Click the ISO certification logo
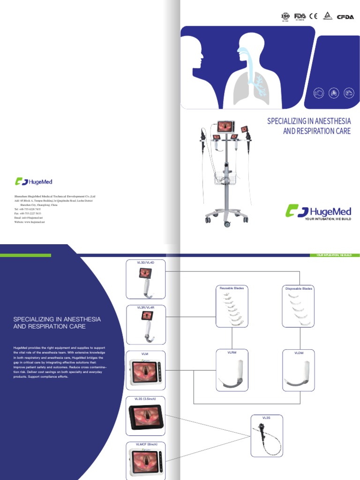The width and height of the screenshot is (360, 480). tap(285, 16)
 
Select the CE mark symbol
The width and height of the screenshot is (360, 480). tap(313, 16)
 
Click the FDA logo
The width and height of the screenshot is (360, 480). tap(300, 16)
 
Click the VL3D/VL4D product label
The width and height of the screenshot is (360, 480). tap(145, 262)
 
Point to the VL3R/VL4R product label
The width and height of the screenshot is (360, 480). tap(145, 307)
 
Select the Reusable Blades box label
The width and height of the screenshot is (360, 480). tap(232, 288)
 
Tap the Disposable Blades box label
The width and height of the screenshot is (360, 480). tap(299, 289)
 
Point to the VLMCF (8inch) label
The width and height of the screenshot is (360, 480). tap(145, 443)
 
